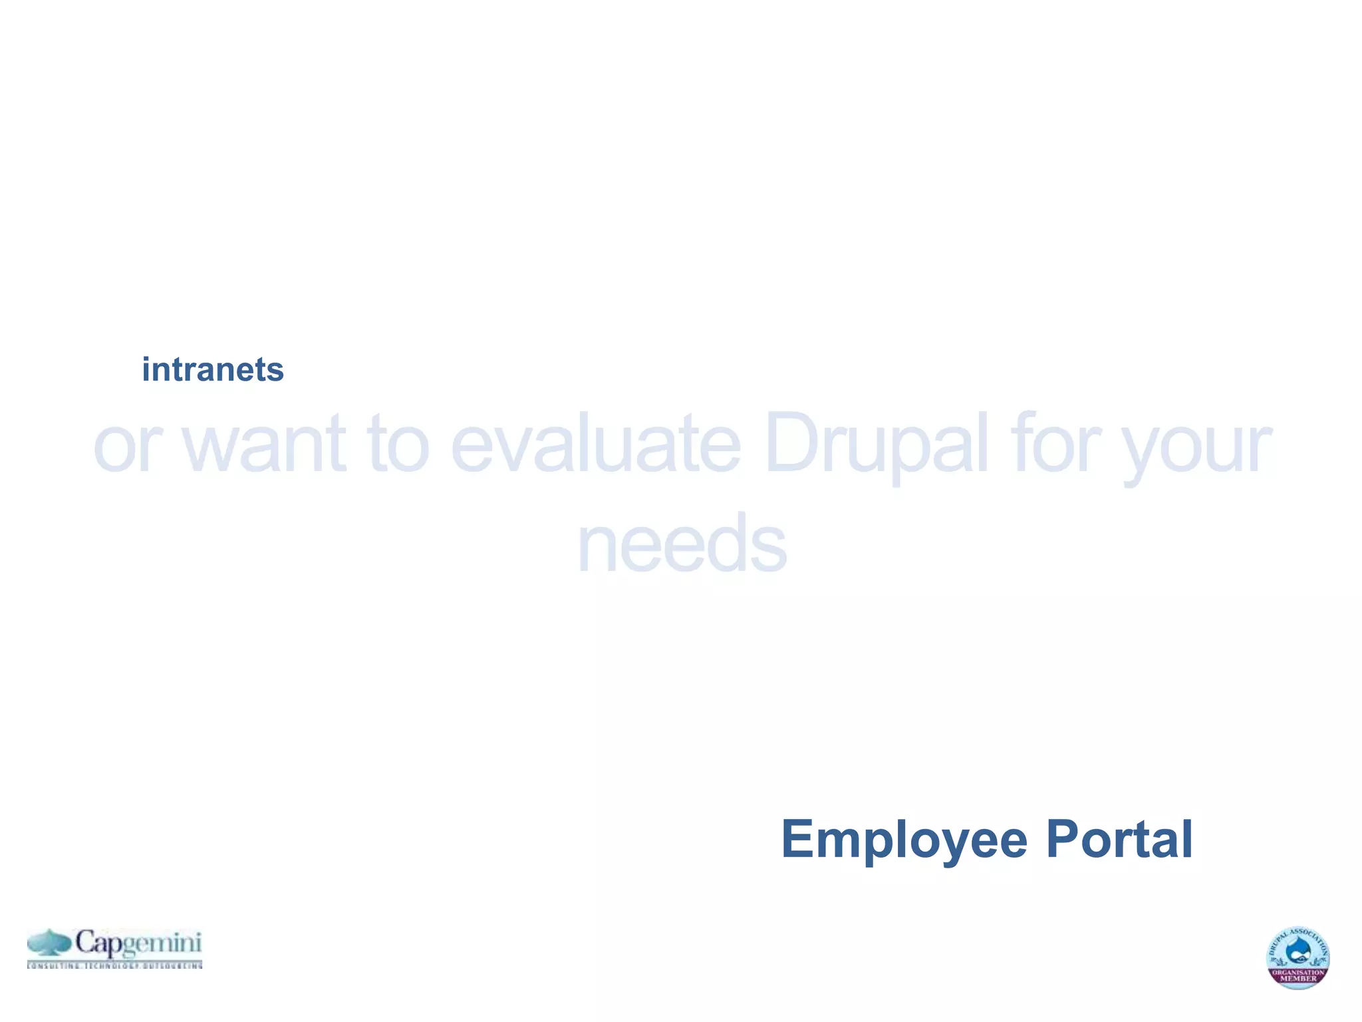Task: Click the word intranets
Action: point(213,370)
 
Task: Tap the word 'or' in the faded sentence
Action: point(127,444)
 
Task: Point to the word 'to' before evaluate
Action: point(398,444)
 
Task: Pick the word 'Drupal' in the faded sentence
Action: point(876,444)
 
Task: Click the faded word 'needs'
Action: point(682,544)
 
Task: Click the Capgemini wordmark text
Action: point(138,943)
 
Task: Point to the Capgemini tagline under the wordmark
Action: point(114,965)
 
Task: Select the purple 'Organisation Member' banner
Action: point(1297,975)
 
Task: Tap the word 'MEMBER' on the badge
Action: point(1297,979)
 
